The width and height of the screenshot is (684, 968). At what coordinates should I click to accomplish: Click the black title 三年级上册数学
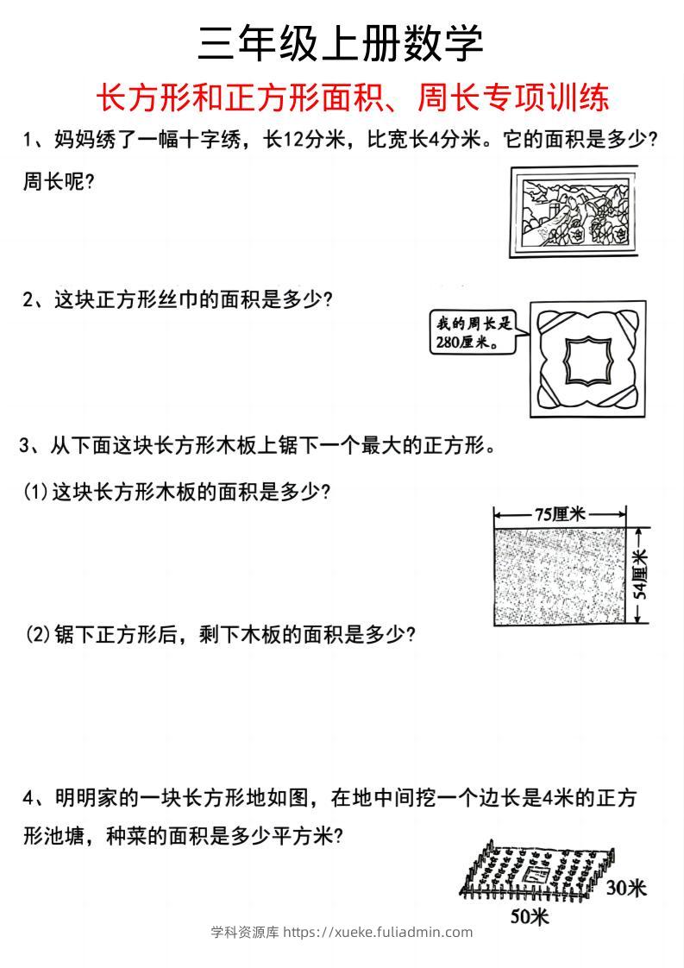pos(341,43)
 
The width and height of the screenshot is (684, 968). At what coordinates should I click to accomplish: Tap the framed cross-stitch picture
pos(574,211)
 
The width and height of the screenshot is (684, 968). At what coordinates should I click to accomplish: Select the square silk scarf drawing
pos(587,357)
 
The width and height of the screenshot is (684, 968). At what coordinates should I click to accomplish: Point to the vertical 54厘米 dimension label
pos(639,575)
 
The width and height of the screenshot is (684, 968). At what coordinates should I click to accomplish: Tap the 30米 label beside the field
pos(624,887)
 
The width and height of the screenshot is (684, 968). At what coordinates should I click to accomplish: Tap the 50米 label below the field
pos(529,915)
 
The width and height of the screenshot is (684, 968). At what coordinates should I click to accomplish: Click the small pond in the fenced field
pos(532,876)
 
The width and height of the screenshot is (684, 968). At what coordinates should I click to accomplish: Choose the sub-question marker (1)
pos(35,492)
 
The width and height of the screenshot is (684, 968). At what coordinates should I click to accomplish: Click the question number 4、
pos(35,798)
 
